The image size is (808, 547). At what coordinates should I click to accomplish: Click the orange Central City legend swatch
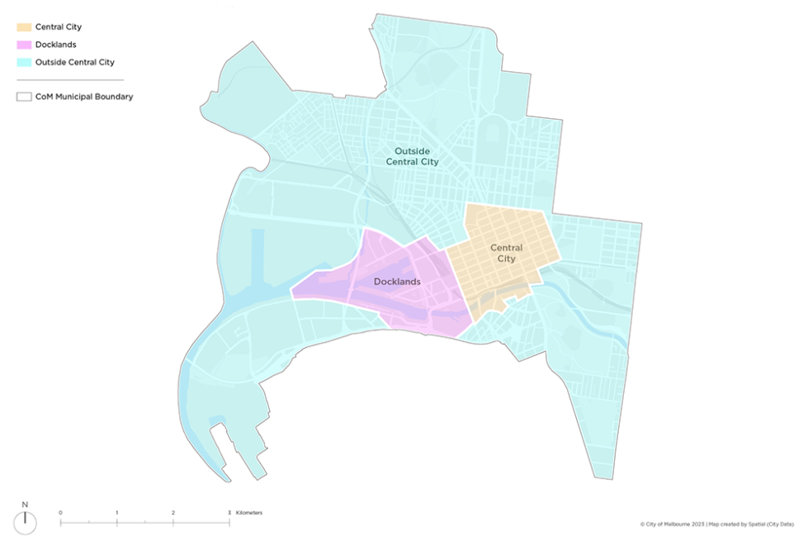(x=23, y=27)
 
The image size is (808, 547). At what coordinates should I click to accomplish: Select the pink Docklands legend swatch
(x=23, y=45)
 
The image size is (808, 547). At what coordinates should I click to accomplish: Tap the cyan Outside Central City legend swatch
(x=23, y=62)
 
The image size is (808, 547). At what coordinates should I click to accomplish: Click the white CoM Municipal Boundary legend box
(x=23, y=97)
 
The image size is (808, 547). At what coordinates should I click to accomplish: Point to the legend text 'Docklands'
(x=55, y=45)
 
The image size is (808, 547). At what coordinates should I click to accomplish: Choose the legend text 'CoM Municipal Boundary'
(x=84, y=97)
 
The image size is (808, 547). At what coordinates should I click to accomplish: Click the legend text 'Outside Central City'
(x=74, y=62)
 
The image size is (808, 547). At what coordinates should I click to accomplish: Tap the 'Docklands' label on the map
(x=397, y=282)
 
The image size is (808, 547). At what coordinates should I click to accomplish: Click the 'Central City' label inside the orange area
(x=506, y=253)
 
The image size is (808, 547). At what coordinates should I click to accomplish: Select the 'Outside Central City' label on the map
(x=413, y=157)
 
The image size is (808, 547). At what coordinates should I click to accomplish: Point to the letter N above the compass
(x=26, y=505)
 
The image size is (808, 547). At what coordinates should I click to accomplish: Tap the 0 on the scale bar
(x=60, y=513)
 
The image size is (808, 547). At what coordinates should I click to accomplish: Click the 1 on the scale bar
(x=116, y=513)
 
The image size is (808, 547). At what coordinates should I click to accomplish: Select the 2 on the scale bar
(x=173, y=513)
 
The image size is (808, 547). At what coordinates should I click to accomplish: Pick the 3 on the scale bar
(x=229, y=513)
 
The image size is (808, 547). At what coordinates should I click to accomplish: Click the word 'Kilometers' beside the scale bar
(x=249, y=513)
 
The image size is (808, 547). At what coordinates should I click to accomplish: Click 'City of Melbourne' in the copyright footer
(x=669, y=524)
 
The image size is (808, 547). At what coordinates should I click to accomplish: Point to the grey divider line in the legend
(x=69, y=80)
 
